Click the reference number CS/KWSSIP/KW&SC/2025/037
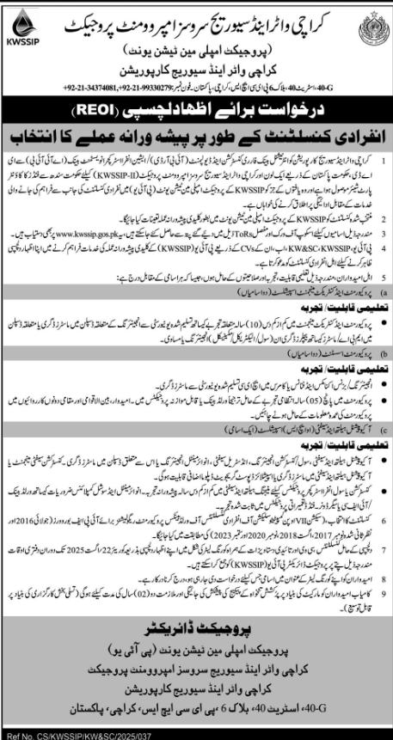(x=69, y=733)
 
